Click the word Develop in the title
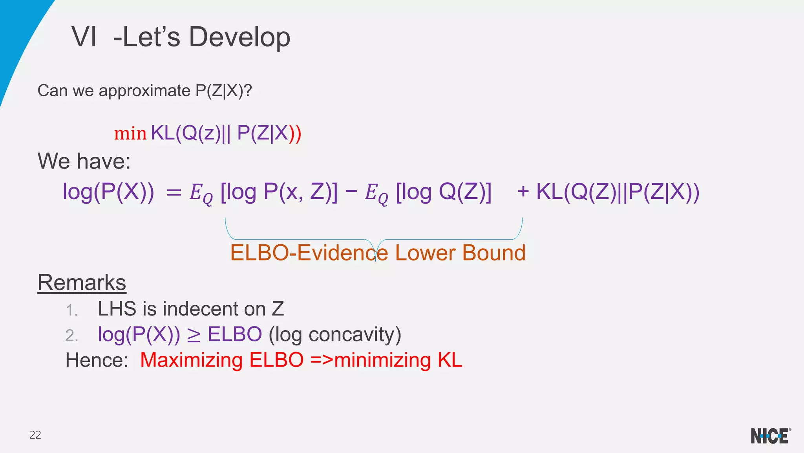tap(239, 37)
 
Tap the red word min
tap(130, 134)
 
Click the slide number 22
tap(35, 435)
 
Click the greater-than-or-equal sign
tap(194, 335)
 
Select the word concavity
tap(354, 335)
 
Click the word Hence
tap(97, 360)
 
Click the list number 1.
tap(71, 310)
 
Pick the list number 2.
tap(71, 336)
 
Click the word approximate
tap(144, 91)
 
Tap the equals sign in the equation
tap(174, 193)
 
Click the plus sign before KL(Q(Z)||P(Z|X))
tap(523, 192)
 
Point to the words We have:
tap(84, 161)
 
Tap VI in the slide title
tap(84, 37)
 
